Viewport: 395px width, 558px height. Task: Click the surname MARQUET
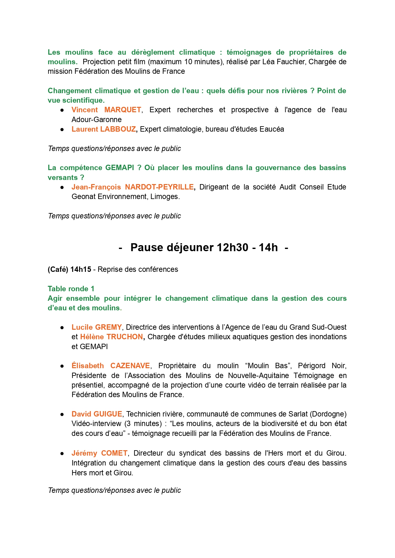click(122, 110)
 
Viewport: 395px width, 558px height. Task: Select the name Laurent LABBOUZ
click(104, 129)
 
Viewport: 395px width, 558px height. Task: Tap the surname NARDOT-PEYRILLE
click(159, 187)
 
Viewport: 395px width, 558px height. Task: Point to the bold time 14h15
click(81, 270)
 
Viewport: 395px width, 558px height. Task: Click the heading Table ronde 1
click(71, 289)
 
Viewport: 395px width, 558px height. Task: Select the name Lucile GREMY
click(97, 327)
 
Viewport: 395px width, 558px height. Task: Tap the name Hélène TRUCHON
click(111, 337)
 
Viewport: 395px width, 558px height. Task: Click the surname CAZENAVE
click(130, 366)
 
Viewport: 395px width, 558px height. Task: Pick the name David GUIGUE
click(97, 414)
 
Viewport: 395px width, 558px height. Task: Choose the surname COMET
click(114, 453)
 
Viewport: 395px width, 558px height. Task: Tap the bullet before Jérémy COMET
click(62, 454)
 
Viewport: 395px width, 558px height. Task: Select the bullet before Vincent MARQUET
click(62, 110)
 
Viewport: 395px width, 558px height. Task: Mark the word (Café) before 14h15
click(58, 270)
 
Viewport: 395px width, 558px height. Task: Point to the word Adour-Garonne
click(96, 120)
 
